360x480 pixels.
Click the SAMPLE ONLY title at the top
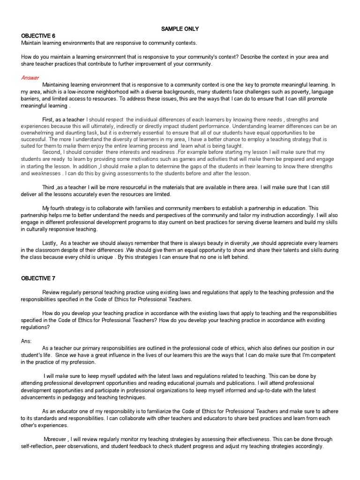[180, 29]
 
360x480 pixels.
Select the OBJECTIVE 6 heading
[38, 36]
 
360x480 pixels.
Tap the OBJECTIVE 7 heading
[38, 278]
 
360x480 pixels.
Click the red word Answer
[30, 78]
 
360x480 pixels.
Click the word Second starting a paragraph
[52, 152]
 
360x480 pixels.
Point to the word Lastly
[50, 243]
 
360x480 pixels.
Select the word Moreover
[56, 439]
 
